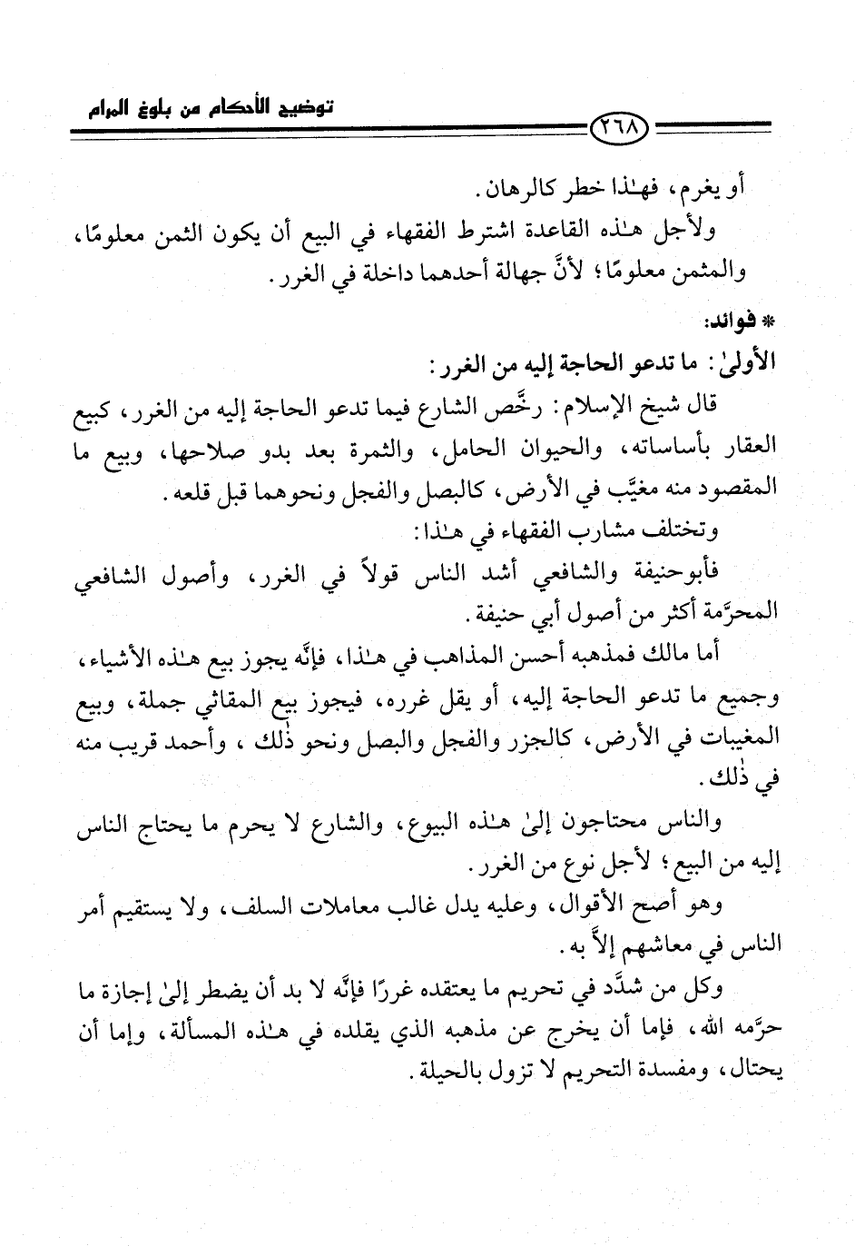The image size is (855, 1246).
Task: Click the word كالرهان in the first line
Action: (x=525, y=193)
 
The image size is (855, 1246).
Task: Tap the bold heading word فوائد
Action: (x=732, y=321)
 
